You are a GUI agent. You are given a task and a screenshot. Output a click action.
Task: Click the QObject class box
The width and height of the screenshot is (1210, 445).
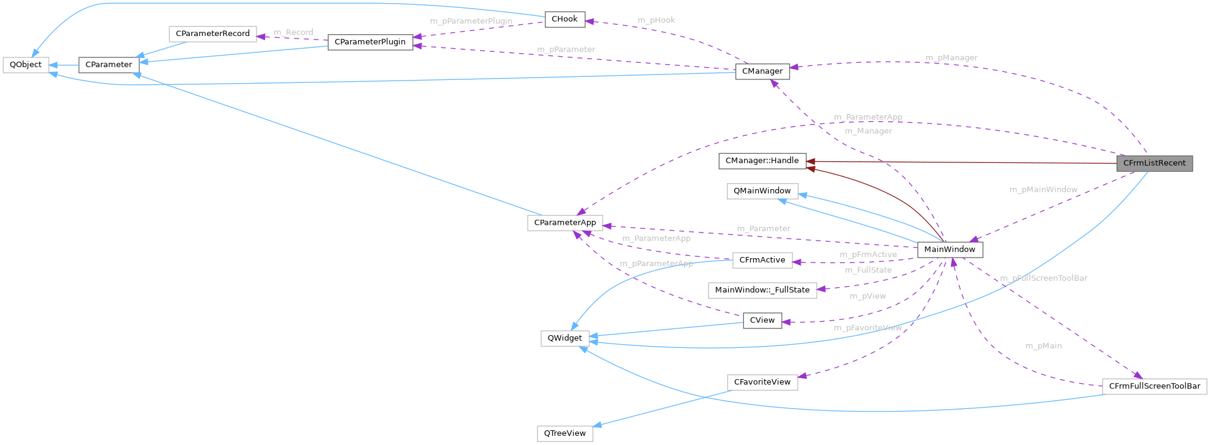point(26,65)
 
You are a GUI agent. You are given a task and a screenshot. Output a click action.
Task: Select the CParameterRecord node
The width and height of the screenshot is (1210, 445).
point(213,34)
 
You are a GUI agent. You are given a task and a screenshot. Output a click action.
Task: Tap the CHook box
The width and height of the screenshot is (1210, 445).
point(564,20)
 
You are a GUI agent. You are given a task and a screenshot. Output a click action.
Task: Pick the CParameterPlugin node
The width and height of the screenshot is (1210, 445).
point(370,42)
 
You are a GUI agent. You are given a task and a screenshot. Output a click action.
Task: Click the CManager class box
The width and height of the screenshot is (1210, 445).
point(762,71)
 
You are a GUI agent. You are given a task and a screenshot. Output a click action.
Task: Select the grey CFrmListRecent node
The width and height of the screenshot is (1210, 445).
point(1154,164)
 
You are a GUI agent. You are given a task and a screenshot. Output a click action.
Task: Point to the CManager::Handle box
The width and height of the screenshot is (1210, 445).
point(762,161)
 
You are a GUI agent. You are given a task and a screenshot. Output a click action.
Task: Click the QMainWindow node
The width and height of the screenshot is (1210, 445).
point(762,191)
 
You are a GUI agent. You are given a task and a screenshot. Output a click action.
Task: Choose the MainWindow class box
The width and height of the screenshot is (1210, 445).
point(950,250)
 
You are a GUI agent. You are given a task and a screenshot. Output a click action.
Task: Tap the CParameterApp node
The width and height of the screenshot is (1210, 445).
point(565,223)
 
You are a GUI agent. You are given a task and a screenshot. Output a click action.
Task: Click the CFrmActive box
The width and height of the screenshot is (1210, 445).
point(762,260)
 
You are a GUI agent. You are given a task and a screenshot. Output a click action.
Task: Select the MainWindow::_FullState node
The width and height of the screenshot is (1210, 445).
point(762,290)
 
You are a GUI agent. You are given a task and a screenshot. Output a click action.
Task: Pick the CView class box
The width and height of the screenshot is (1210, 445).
point(762,320)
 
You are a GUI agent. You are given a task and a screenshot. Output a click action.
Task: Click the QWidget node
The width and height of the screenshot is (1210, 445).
point(564,338)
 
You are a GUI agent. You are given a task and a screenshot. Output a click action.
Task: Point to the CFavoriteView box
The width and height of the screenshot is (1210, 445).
point(762,382)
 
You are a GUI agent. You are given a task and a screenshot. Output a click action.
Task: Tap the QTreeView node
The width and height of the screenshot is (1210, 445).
point(564,433)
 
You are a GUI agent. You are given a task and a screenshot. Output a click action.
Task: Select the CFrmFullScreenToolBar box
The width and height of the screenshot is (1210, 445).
point(1154,386)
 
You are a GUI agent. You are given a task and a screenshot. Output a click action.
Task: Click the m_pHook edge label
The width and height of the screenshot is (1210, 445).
point(657,21)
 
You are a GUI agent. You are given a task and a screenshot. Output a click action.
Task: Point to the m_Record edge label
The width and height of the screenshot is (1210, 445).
point(293,32)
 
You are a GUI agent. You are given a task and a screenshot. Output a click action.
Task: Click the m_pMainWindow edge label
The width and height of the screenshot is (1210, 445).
point(1043,190)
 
